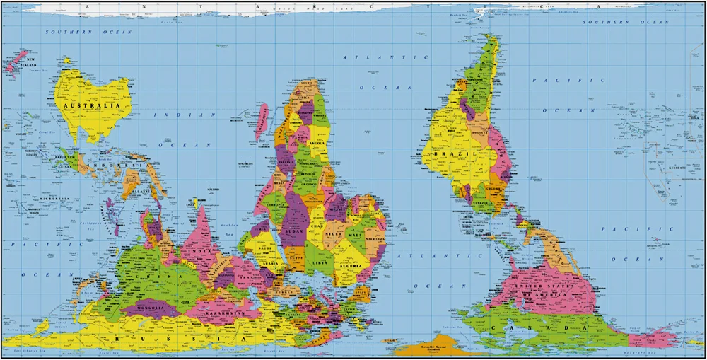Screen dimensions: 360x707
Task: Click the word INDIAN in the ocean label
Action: [179, 115]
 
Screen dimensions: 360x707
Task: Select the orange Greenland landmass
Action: [431, 347]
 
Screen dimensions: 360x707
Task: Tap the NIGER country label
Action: [334, 233]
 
